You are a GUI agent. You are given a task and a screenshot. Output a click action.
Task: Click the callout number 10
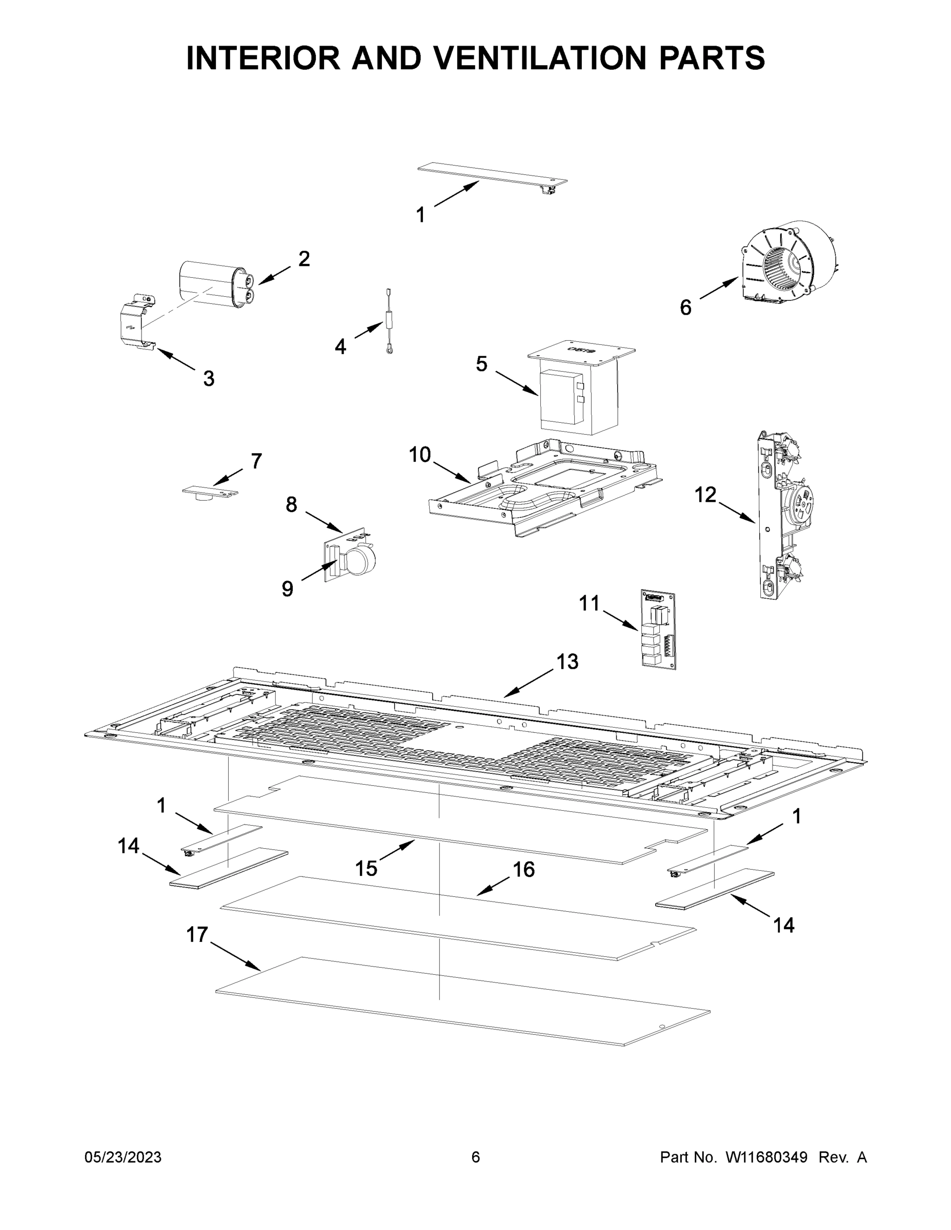tap(420, 454)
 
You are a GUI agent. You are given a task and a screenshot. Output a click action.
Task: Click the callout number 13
tap(568, 661)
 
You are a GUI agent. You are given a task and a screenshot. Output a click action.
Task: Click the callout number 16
tap(523, 869)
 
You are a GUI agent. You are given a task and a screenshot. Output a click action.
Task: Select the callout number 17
tap(197, 934)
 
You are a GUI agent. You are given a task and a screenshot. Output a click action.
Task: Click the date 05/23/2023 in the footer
tap(123, 1157)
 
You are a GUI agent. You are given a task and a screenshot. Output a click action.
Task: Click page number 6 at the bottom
tap(476, 1157)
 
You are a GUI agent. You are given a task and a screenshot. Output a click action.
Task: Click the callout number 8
tap(291, 505)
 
